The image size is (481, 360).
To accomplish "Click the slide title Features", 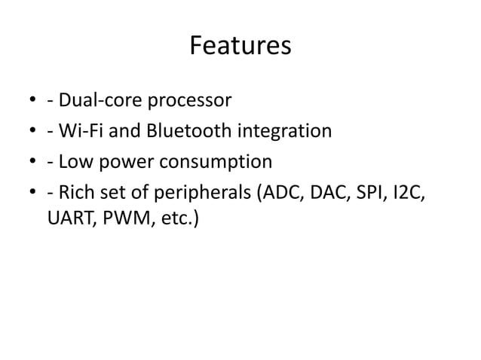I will [x=240, y=47].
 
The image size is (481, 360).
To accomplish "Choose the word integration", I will [x=285, y=132].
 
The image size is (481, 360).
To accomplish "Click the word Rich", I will [x=75, y=194].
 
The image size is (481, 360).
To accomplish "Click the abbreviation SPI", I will [x=369, y=194].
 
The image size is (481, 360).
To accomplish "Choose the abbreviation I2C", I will [x=409, y=194].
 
